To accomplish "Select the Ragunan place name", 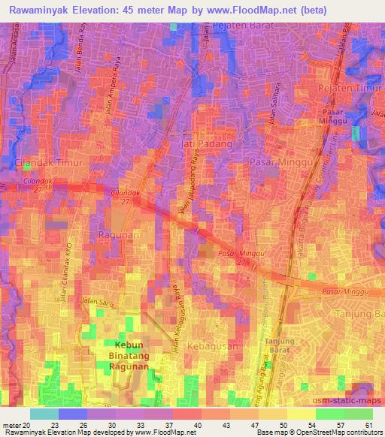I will tap(115, 235).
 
